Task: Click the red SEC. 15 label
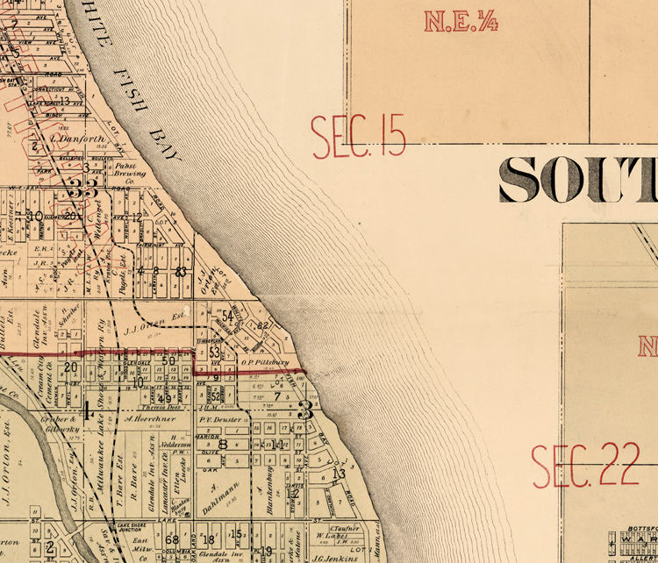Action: [359, 135]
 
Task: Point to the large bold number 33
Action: [84, 188]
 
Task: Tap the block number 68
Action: [172, 538]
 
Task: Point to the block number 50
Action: [168, 360]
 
